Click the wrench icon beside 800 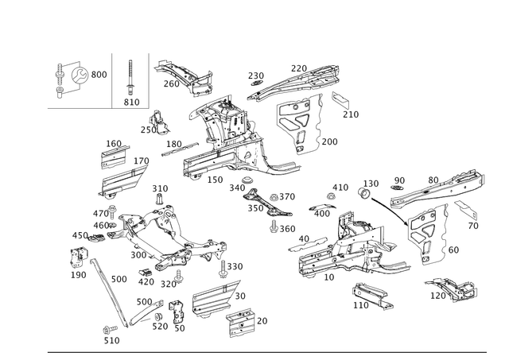[79, 75]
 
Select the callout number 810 [131, 103]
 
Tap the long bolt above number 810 [130, 77]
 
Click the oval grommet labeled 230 [256, 83]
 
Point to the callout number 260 [172, 83]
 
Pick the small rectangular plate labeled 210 [340, 100]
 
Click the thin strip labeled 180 [180, 149]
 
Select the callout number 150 [215, 180]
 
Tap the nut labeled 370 [274, 197]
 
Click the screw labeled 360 [274, 226]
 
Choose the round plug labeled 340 [247, 180]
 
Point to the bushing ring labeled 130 [364, 193]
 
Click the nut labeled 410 [331, 196]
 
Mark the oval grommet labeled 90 [397, 189]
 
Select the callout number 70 [473, 226]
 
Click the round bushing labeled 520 [158, 317]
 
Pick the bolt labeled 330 [223, 269]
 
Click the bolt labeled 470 [112, 211]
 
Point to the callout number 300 [138, 255]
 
